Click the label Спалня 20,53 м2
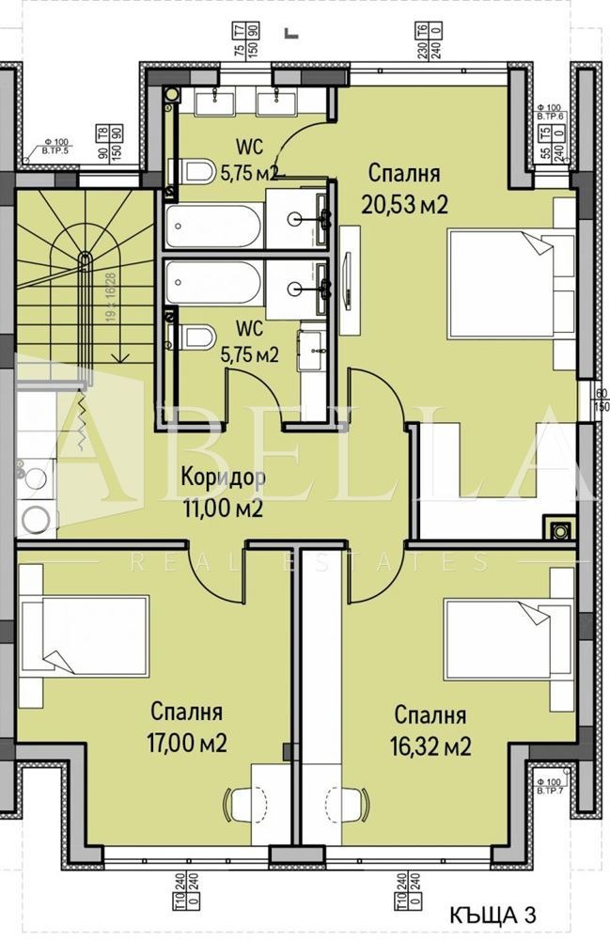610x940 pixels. pyautogui.click(x=406, y=189)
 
